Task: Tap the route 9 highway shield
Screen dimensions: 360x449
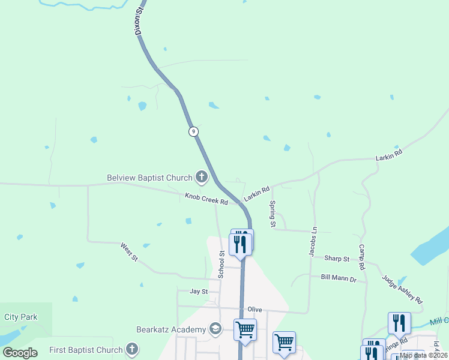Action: (x=193, y=131)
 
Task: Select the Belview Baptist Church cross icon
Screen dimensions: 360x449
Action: (x=201, y=177)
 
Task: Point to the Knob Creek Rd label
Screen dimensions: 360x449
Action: (x=206, y=199)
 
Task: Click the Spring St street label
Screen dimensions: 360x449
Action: (x=273, y=214)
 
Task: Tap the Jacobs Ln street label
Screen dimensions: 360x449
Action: (x=313, y=242)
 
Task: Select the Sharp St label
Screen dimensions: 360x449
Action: (x=337, y=259)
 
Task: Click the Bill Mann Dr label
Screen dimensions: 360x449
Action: (x=339, y=278)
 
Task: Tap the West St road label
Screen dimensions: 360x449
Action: (x=129, y=252)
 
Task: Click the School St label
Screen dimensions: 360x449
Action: (x=221, y=265)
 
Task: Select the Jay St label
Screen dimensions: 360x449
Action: (x=199, y=292)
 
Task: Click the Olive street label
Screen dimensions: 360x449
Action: (x=255, y=309)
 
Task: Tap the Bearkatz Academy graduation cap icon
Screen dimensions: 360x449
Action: (x=215, y=329)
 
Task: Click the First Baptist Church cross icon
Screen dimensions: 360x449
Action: (x=132, y=350)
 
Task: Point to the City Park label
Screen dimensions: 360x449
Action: (x=20, y=317)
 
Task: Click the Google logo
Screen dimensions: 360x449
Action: (x=20, y=353)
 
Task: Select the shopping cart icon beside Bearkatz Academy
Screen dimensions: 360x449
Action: (x=245, y=329)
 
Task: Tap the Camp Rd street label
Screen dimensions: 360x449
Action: (x=362, y=256)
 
